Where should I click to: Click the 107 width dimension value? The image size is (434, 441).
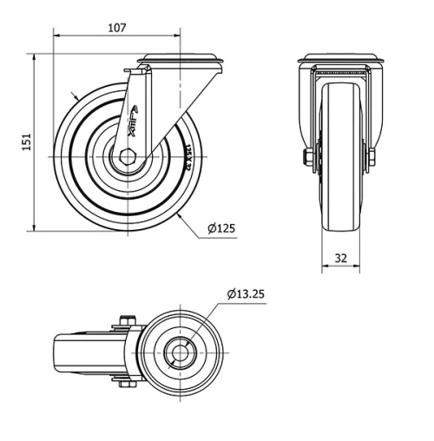[117, 27]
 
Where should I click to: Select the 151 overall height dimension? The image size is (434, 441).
[26, 141]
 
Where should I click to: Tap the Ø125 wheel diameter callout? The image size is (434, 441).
[221, 229]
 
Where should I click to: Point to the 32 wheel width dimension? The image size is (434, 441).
[339, 258]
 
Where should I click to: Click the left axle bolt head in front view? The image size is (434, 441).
[306, 159]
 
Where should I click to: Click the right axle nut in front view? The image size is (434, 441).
[372, 159]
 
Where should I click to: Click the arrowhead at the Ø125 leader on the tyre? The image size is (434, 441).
[178, 213]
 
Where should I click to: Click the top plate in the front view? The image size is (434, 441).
[339, 60]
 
